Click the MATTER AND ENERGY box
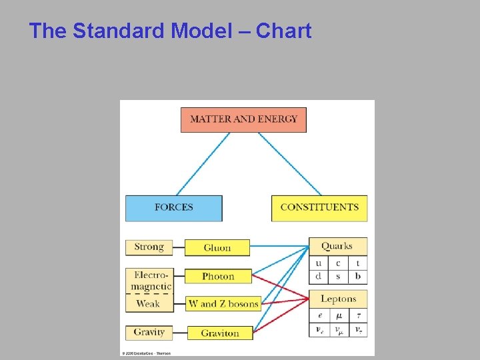click(243, 119)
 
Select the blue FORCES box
click(173, 207)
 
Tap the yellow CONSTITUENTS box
click(319, 207)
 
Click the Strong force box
click(149, 247)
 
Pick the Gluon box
click(217, 248)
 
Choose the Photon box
click(218, 276)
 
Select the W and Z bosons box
click(223, 304)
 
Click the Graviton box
click(219, 333)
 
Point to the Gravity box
click(149, 332)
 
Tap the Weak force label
click(148, 304)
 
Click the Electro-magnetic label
click(151, 281)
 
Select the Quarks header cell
click(337, 246)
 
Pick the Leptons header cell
click(338, 299)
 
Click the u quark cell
click(318, 263)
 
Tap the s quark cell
click(338, 275)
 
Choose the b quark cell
click(357, 275)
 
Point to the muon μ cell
click(338, 315)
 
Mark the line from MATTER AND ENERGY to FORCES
click(203, 164)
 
